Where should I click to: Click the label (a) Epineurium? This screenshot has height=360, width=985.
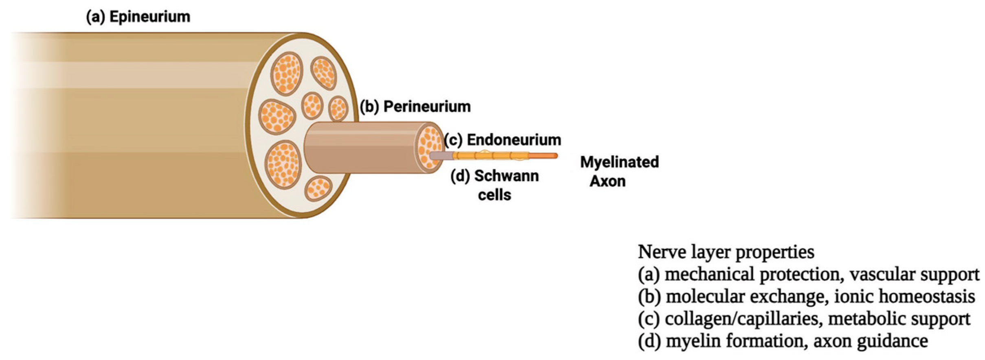tap(138, 17)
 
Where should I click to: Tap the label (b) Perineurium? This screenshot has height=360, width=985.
tap(415, 107)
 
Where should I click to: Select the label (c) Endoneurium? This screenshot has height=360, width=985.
tap(503, 140)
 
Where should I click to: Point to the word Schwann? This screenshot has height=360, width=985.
tap(507, 176)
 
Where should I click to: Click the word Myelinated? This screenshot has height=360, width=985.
tap(619, 162)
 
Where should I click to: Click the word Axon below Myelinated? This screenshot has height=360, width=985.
tap(608, 181)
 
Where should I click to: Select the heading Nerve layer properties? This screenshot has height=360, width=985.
tap(726, 252)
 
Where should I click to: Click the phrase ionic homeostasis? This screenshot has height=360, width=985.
tap(904, 296)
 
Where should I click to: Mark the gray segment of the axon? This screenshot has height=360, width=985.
tap(441, 156)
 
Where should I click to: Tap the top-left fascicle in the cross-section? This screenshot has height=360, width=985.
tap(287, 73)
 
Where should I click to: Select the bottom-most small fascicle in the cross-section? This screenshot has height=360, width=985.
tap(318, 188)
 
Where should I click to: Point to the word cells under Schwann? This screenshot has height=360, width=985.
tap(494, 195)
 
